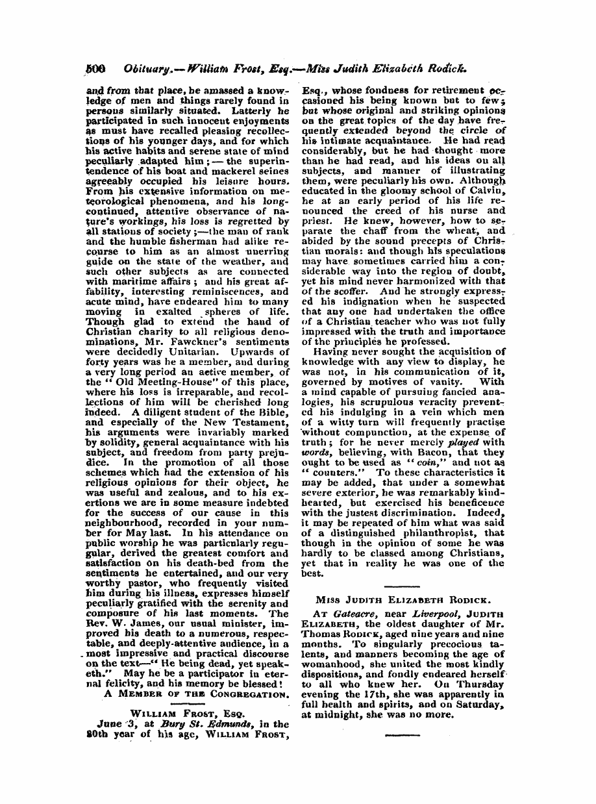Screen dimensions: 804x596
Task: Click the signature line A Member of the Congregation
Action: [196, 694]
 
